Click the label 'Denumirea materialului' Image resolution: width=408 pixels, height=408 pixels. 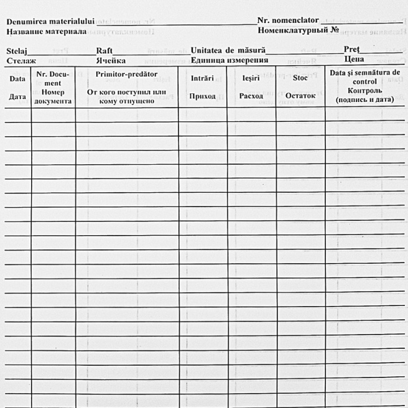point(50,22)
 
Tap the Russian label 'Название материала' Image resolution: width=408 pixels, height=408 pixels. point(46,30)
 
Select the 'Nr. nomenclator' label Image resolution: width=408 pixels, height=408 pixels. point(288,20)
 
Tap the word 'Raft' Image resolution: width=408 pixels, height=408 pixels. point(104,50)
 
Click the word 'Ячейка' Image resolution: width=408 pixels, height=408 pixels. point(111,60)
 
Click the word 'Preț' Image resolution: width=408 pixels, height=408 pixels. point(352,49)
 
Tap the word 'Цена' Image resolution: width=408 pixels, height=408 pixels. point(354,59)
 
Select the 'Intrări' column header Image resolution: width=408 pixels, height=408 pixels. point(202,78)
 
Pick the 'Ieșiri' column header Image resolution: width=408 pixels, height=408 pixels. point(251,78)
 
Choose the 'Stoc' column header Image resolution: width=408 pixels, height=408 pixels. point(300,78)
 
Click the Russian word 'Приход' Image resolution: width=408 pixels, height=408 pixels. point(202,96)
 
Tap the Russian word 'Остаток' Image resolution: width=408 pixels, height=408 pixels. point(300,96)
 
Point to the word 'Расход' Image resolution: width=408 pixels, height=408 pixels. point(251,96)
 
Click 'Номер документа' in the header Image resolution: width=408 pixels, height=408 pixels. point(53,96)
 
